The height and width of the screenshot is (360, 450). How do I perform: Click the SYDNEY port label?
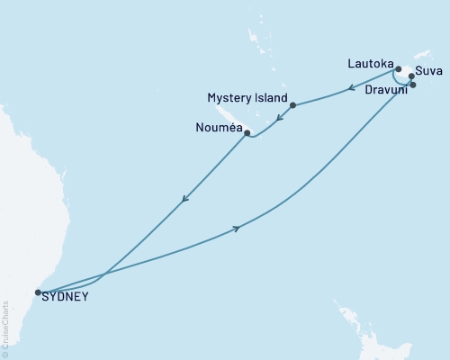(66, 297)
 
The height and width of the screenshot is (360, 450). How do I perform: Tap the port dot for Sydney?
(37, 292)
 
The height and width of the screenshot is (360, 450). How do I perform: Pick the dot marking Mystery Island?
(293, 105)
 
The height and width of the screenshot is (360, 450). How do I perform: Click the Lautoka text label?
(370, 64)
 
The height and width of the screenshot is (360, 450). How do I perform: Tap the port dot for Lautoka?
(398, 68)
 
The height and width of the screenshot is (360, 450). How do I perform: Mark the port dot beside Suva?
(411, 76)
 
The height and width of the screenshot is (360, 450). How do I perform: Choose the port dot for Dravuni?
(413, 85)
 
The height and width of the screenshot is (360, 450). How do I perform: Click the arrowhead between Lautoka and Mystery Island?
(349, 88)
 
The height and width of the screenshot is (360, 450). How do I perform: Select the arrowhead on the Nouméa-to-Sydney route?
(184, 199)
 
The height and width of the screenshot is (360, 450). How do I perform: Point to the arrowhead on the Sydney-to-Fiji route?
(237, 229)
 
